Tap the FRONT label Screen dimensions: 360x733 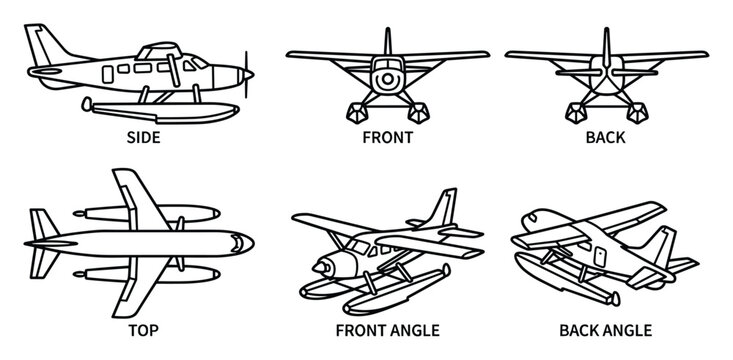[387, 138]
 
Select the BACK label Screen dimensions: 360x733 [605, 138]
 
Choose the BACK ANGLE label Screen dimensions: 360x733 [605, 330]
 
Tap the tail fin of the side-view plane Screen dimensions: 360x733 [42, 46]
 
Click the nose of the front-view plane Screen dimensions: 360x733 [386, 77]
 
